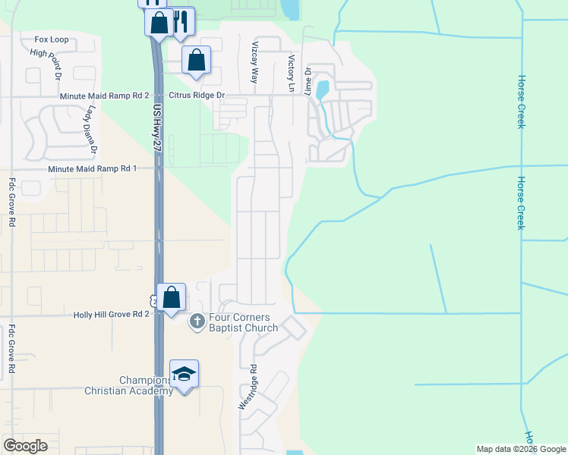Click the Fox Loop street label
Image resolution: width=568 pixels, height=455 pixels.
50,39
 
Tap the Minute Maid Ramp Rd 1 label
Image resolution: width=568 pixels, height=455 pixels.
92,168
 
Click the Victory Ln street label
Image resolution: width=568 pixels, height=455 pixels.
290,73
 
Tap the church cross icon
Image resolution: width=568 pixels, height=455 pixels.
197,322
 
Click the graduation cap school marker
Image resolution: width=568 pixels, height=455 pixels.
184,374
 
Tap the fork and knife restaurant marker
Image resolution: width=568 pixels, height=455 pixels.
181,20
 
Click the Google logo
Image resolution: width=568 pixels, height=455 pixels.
26,446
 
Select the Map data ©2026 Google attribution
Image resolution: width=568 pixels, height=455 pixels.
520,449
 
